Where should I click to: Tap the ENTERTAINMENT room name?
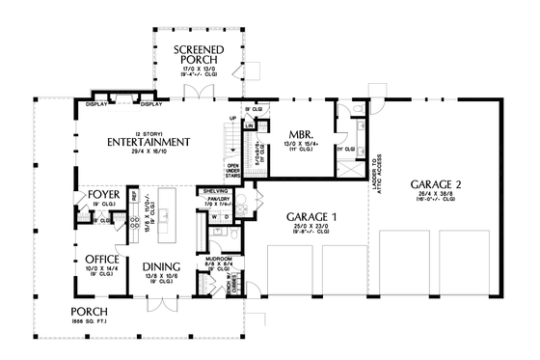click(148, 142)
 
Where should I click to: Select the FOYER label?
click(101, 195)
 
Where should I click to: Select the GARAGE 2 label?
click(437, 183)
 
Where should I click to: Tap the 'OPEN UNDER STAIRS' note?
click(234, 171)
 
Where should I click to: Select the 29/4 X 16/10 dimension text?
click(148, 152)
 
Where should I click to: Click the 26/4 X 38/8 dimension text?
click(437, 194)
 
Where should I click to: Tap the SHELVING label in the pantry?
click(215, 191)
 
